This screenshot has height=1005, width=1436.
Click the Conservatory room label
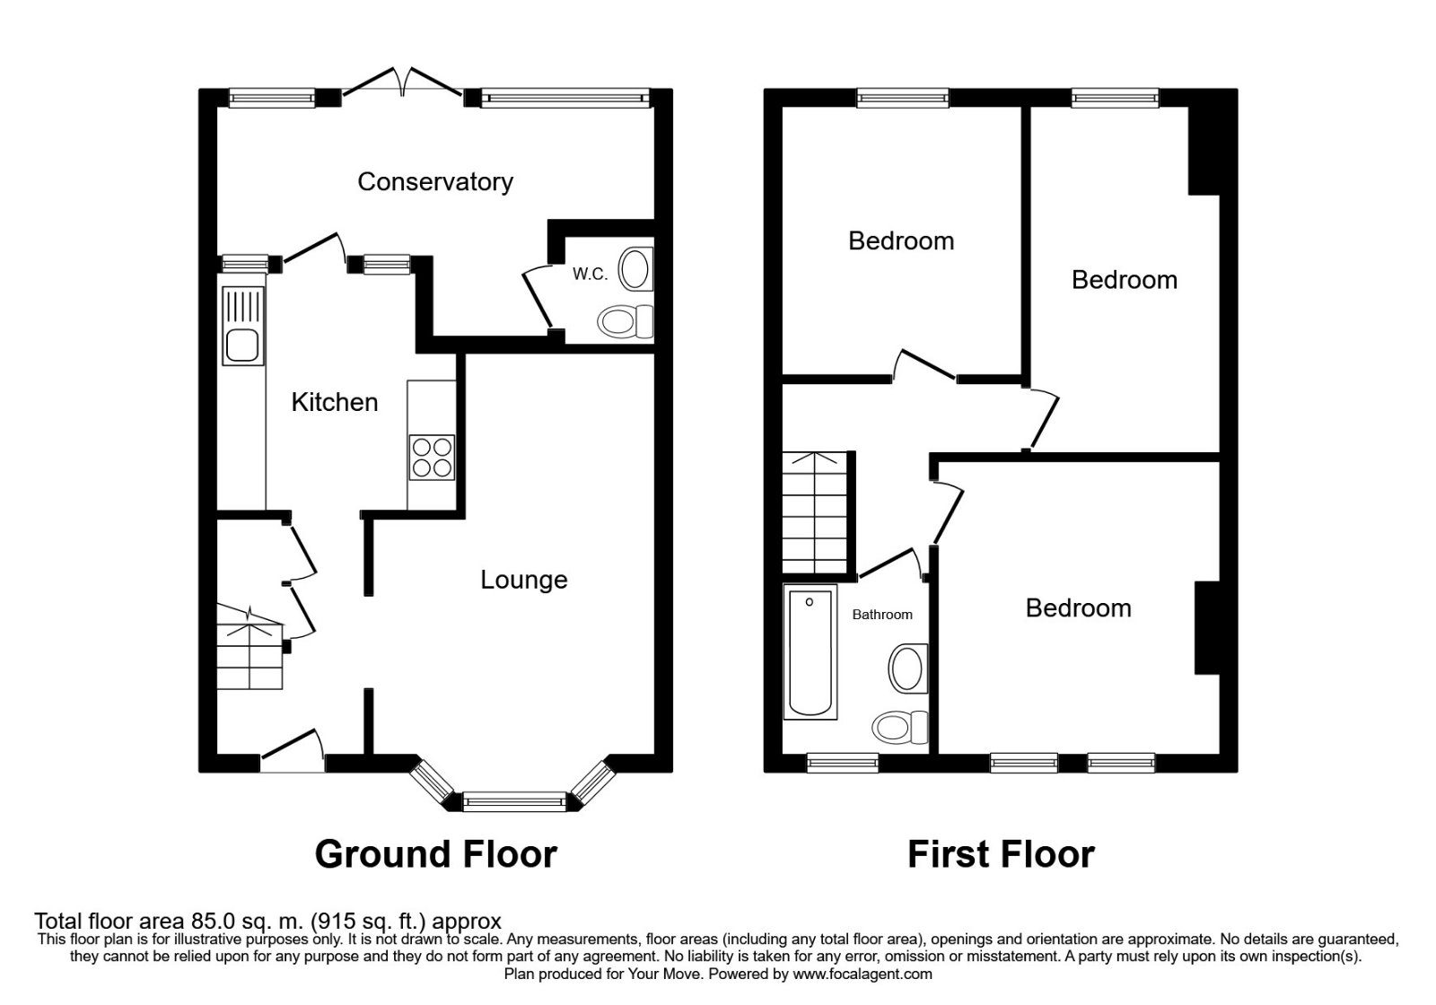pyautogui.click(x=434, y=182)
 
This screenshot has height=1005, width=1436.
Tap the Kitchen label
pyautogui.click(x=334, y=402)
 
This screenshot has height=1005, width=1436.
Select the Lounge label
pyautogui.click(x=523, y=580)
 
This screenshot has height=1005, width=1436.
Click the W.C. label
pyautogui.click(x=590, y=275)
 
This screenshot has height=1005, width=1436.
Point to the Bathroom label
pyautogui.click(x=882, y=615)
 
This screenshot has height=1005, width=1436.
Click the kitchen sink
pyautogui.click(x=243, y=345)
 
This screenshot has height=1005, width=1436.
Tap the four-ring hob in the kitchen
pyautogui.click(x=432, y=458)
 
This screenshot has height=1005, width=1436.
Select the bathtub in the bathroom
pyautogui.click(x=810, y=651)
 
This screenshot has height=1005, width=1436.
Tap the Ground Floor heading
pyautogui.click(x=435, y=854)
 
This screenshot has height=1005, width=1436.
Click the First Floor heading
pyautogui.click(x=1001, y=854)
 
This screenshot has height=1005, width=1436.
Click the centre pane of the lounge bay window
pyautogui.click(x=515, y=800)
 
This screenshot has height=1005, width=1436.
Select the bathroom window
pyautogui.click(x=843, y=764)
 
